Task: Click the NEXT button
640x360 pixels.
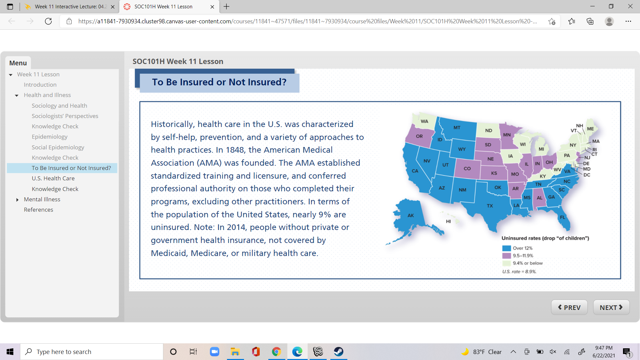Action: [x=611, y=307]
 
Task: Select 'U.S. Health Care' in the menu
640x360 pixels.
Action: [x=53, y=178]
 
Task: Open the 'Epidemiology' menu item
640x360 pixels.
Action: [x=49, y=137]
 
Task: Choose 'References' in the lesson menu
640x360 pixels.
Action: [x=38, y=210]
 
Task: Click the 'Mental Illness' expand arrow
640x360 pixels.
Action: [x=17, y=200]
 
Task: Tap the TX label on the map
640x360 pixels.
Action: [x=490, y=206]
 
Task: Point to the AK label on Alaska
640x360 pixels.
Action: [x=411, y=215]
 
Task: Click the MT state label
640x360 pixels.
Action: [x=457, y=127]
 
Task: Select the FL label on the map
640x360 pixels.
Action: [x=563, y=217]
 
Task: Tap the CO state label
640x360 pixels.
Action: [x=467, y=168]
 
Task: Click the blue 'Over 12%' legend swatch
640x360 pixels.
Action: [x=506, y=248]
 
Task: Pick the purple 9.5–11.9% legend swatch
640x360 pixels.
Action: [x=506, y=256]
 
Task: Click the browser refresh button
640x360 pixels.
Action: [x=48, y=21]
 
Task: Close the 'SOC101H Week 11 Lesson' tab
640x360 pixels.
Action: [x=212, y=7]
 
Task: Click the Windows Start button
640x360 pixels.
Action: [x=10, y=352]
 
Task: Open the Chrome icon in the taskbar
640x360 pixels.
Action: [x=276, y=352]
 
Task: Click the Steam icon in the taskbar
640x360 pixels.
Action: [x=339, y=352]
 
